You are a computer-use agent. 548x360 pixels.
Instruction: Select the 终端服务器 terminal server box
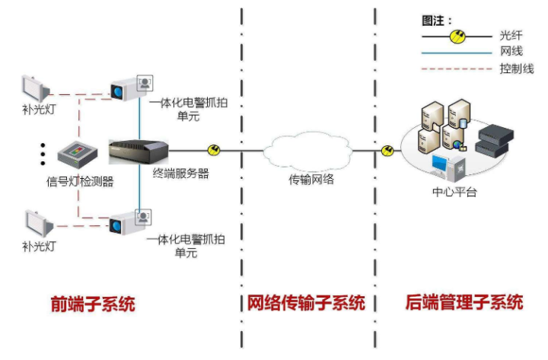138,150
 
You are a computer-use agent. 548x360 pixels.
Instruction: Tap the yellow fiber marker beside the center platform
387,151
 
